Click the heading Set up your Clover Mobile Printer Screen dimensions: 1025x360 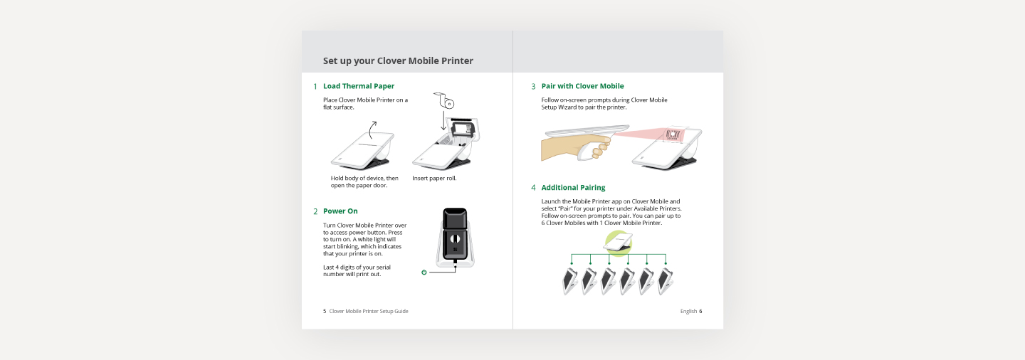[x=398, y=61]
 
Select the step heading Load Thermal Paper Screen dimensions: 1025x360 [x=358, y=86]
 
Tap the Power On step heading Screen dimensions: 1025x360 [x=340, y=211]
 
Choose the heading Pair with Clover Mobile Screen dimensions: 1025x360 [x=582, y=86]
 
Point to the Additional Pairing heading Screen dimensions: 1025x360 [x=573, y=188]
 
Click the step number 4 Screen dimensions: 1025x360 [x=533, y=188]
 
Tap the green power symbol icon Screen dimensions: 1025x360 [x=424, y=272]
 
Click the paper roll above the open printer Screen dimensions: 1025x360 [x=444, y=100]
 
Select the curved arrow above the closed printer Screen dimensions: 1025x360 [x=372, y=129]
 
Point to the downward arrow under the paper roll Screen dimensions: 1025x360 [x=443, y=120]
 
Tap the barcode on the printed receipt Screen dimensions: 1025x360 [x=673, y=135]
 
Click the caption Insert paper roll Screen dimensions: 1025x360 [x=434, y=179]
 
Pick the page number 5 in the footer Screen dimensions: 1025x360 [x=325, y=311]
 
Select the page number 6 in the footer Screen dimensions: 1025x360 [x=700, y=311]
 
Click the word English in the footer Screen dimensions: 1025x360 [x=688, y=311]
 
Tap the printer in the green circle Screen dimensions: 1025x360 [x=618, y=243]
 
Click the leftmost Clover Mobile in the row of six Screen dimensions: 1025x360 [x=569, y=281]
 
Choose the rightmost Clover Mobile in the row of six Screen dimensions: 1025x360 [x=665, y=281]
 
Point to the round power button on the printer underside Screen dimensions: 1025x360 [x=455, y=239]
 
